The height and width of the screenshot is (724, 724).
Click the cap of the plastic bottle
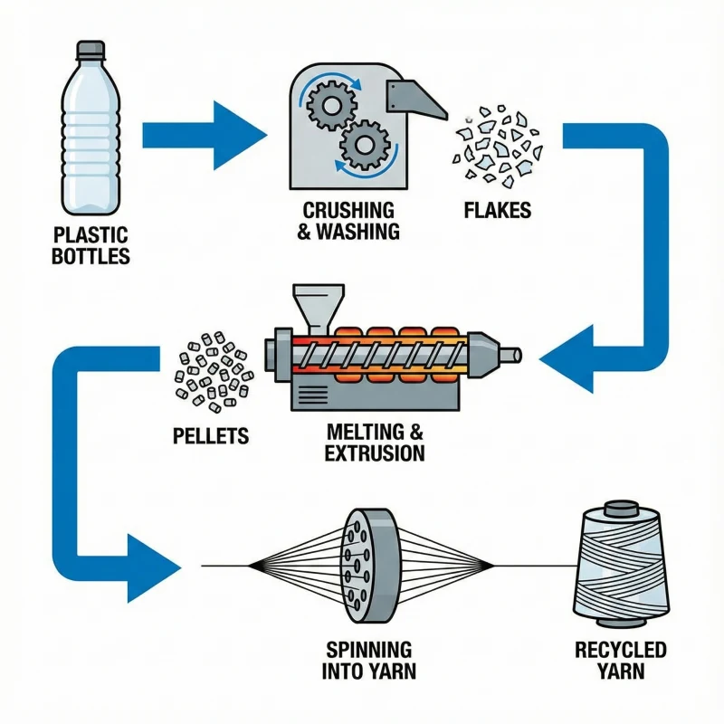[x=91, y=51]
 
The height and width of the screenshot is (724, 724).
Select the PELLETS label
[x=210, y=435]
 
